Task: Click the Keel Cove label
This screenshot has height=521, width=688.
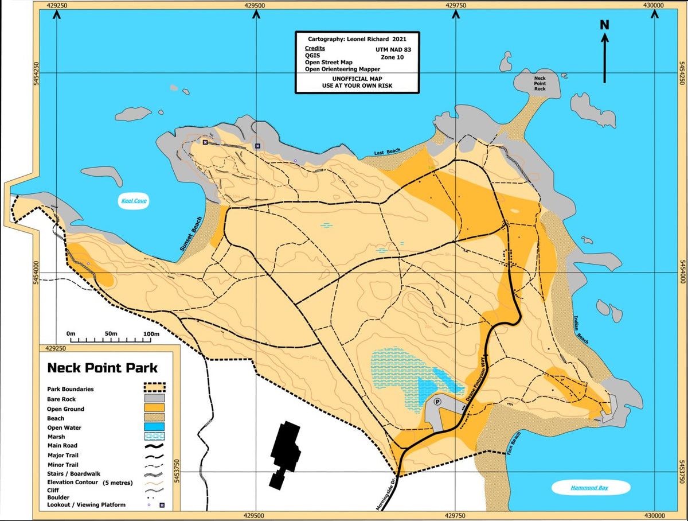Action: (134, 201)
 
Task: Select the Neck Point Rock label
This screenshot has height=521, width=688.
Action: (540, 83)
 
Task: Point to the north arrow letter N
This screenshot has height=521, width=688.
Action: (604, 25)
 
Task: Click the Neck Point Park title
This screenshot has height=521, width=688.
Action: (102, 368)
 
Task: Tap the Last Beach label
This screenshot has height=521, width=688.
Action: (387, 152)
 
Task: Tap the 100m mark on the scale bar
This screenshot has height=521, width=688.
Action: (151, 334)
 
